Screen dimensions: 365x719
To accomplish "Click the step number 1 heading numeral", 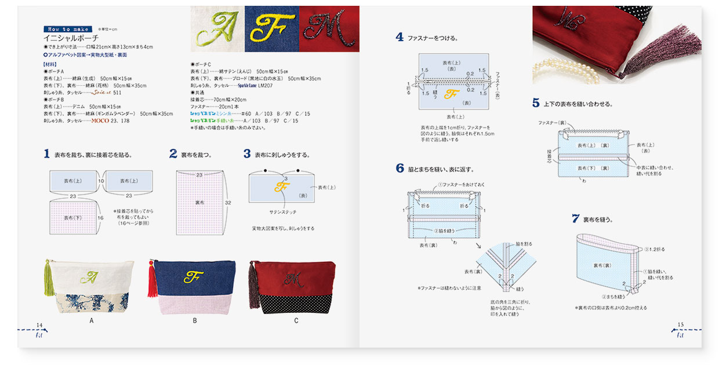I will click(46, 154).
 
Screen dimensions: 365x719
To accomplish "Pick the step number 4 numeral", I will click(400, 38).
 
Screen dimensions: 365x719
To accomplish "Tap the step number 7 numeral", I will click(575, 219).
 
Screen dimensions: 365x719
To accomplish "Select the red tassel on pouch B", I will click(153, 280).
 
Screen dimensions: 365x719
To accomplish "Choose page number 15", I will click(681, 325).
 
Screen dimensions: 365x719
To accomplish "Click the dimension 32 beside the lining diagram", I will click(228, 203).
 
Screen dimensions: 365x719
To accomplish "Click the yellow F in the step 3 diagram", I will click(282, 187).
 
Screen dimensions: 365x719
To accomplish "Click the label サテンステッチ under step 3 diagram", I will click(282, 212).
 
